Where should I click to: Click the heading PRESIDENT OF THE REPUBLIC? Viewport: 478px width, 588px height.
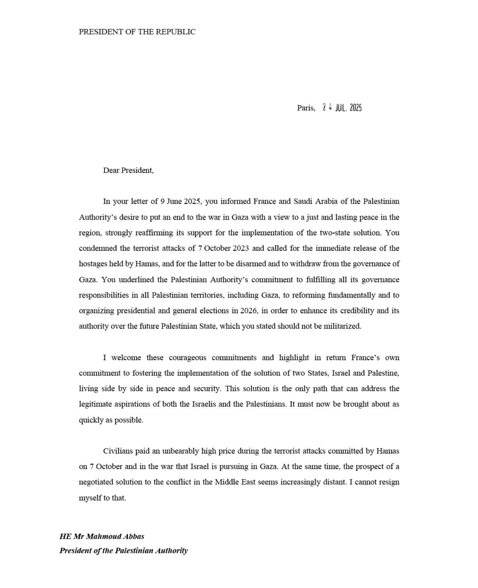point(137,32)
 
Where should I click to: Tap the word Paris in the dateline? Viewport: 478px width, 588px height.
point(305,108)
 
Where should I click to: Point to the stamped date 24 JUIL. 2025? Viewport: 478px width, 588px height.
point(342,108)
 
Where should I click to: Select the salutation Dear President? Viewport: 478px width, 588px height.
point(128,170)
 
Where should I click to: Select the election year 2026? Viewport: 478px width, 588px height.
point(248,311)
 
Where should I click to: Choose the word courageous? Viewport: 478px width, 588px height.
point(187,358)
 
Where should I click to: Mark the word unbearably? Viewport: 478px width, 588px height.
point(180,451)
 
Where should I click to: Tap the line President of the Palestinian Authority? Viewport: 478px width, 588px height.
point(124,551)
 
